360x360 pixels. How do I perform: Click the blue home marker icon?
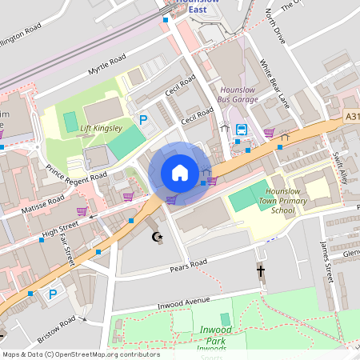[180, 173]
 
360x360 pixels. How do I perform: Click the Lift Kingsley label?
[101, 128]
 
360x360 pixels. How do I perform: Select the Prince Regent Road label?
[76, 174]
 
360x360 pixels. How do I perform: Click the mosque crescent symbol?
[157, 236]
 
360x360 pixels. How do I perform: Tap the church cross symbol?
[260, 271]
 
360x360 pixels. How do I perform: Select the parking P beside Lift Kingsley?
[144, 120]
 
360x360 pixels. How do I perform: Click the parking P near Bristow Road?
[53, 294]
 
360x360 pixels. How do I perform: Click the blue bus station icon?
[241, 130]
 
